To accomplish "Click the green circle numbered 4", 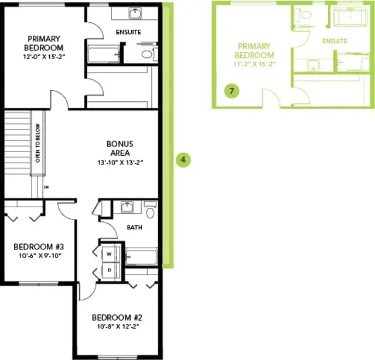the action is coord(183,160).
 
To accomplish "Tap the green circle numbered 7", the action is coord(231,91).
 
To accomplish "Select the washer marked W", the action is coord(110,253).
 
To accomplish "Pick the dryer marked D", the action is coord(110,270).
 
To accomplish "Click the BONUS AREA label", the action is coord(120,148).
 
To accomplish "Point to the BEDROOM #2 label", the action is coord(117,317).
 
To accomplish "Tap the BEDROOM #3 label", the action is coord(39,246).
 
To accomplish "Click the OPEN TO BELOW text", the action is coord(37,143).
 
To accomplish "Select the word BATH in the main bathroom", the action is coord(134,228).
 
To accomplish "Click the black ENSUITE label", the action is coord(128,32).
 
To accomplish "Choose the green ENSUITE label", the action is coord(335,41).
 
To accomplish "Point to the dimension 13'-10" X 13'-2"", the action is coord(120,163).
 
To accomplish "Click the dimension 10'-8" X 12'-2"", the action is coord(118,326).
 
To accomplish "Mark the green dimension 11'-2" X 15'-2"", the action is coord(254,64).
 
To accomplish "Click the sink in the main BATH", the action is coord(127,207).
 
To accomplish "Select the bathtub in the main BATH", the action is coord(142,257).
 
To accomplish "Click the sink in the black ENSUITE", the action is coord(135,13).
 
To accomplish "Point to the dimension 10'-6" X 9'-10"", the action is coord(40,256).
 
